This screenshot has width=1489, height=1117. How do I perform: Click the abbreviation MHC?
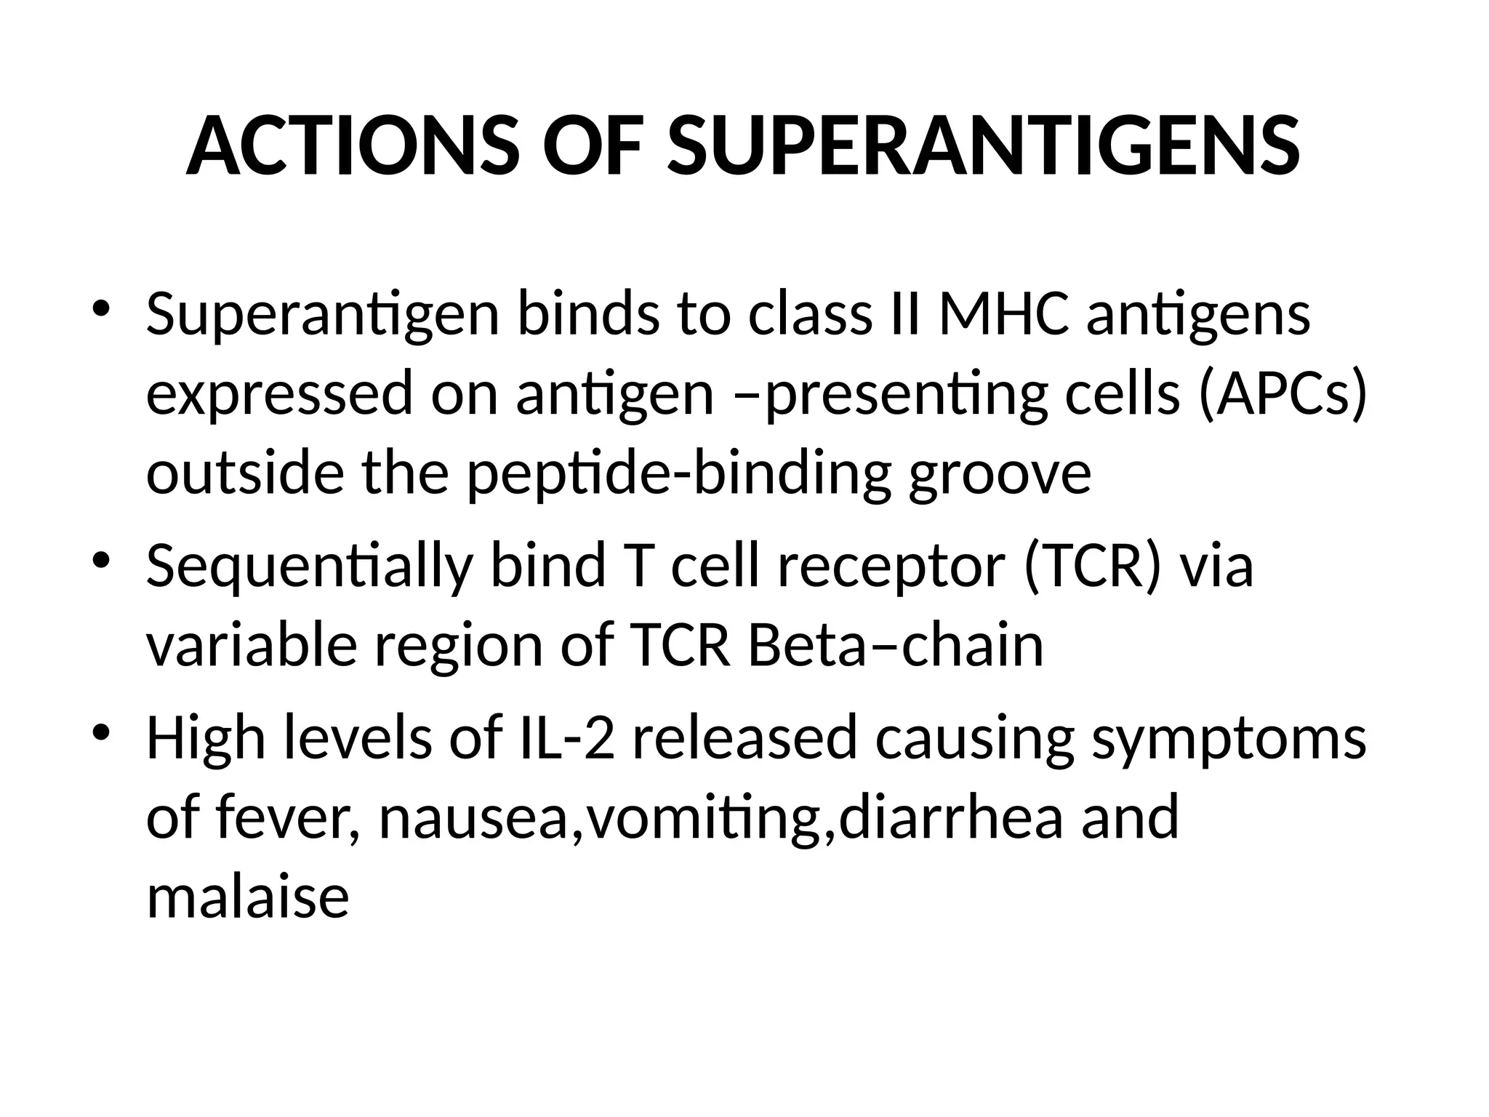point(1003,315)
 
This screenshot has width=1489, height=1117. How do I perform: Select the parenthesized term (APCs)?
point(1282,394)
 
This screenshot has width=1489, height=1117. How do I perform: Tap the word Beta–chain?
point(896,646)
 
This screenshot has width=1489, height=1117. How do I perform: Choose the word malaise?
point(248,897)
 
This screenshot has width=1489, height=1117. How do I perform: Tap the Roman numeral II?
point(905,315)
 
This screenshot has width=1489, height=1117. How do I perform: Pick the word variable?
point(252,646)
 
